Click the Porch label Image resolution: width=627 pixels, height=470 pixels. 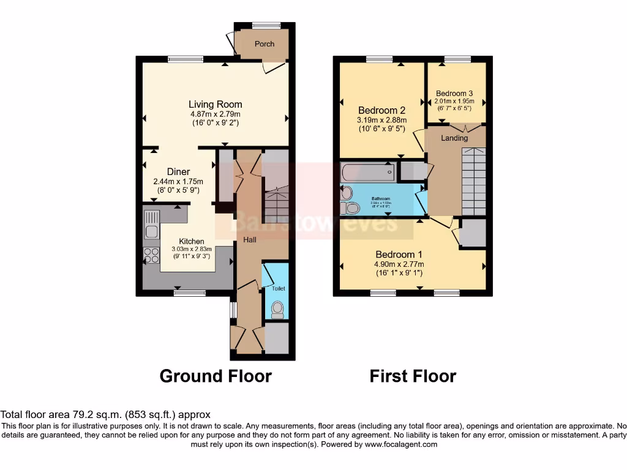tap(265, 44)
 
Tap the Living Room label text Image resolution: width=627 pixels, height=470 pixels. tap(215, 104)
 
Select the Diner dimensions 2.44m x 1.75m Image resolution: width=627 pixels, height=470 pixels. tap(178, 182)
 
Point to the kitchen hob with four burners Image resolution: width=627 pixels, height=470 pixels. tap(151, 256)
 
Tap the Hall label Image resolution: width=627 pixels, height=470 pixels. tap(249, 240)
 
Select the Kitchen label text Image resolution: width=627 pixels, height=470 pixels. tap(192, 241)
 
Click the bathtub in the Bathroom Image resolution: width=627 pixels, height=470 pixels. tap(368, 173)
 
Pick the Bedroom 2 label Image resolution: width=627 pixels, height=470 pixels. tap(381, 110)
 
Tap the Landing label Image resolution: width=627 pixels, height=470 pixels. tap(454, 138)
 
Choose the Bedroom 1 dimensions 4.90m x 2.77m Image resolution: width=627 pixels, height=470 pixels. tap(399, 264)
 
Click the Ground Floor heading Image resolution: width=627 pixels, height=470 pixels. tap(216, 375)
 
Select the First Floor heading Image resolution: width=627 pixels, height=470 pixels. tap(413, 375)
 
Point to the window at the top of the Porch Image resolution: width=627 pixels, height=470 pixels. tap(266, 25)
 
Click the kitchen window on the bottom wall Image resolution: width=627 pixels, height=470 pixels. tap(185, 293)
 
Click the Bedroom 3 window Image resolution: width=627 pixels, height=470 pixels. tap(457, 59)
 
